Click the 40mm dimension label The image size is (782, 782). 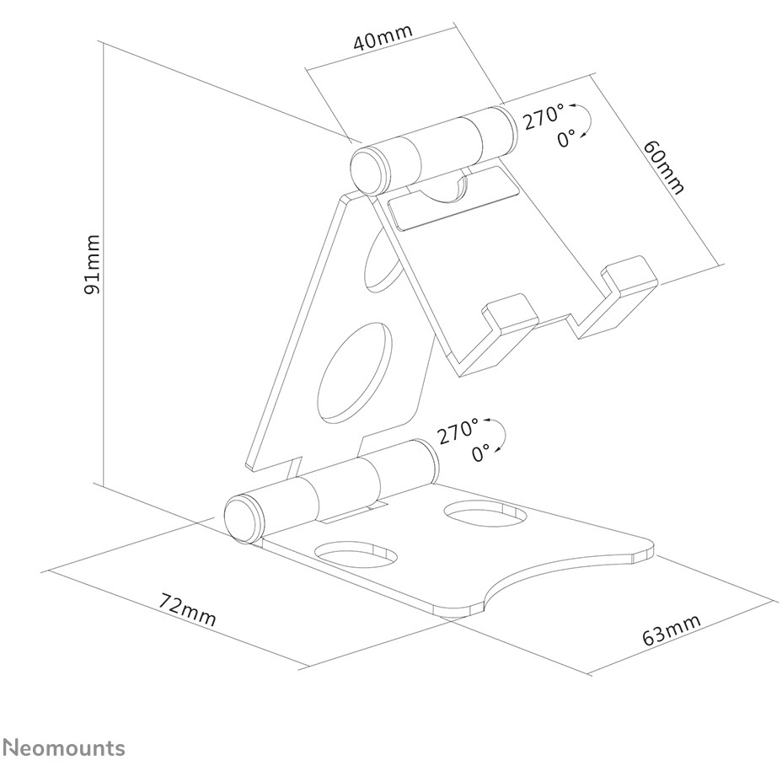(x=383, y=37)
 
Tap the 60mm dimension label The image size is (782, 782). (x=663, y=167)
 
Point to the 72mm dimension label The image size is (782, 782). (x=188, y=609)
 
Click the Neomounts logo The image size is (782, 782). (x=64, y=748)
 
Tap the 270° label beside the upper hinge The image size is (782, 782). (x=544, y=116)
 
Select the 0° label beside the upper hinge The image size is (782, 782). (x=566, y=138)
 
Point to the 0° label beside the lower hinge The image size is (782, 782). (x=481, y=453)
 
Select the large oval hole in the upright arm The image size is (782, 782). (x=354, y=370)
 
